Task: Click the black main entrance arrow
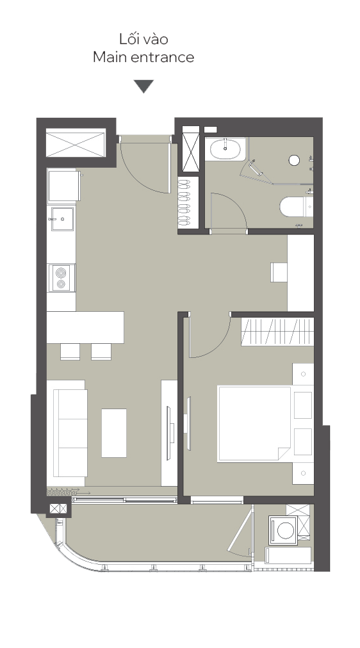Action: [143, 86]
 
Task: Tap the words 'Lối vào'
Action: [143, 39]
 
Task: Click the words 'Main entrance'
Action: [143, 57]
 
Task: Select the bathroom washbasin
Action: [225, 149]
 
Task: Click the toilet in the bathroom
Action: [296, 206]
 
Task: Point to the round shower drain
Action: [294, 160]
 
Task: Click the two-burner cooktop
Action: [61, 278]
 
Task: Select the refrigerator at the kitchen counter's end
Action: [64, 186]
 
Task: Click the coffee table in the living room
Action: [114, 433]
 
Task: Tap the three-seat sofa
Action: [67, 433]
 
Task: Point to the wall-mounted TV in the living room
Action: [168, 433]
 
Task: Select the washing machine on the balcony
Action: [283, 530]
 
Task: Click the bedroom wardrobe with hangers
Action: [277, 332]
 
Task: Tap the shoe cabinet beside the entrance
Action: [184, 202]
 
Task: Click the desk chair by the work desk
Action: [279, 272]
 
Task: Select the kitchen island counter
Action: [85, 327]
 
